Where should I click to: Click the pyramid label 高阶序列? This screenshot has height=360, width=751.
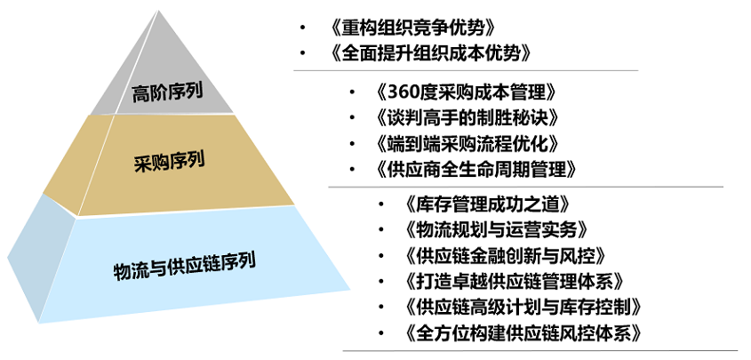pyautogui.click(x=167, y=92)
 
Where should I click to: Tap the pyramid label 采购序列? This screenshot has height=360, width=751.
pyautogui.click(x=170, y=161)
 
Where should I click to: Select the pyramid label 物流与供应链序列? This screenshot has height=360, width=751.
pyautogui.click(x=184, y=265)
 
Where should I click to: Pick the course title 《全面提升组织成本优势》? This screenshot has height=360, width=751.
pyautogui.click(x=430, y=54)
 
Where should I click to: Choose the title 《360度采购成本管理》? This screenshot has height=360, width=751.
pyautogui.click(x=467, y=92)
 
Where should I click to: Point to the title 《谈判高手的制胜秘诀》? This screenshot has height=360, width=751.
pyautogui.click(x=467, y=117)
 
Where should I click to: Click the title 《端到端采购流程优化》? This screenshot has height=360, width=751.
pyautogui.click(x=467, y=143)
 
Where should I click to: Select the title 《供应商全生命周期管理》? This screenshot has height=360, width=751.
pyautogui.click(x=476, y=169)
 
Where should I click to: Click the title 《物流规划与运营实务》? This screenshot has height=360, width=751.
pyautogui.click(x=496, y=230)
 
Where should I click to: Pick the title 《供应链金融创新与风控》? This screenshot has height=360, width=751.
pyautogui.click(x=506, y=256)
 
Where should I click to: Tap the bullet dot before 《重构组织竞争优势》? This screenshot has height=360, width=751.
pyautogui.click(x=302, y=28)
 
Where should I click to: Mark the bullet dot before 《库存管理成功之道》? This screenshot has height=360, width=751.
pyautogui.click(x=380, y=204)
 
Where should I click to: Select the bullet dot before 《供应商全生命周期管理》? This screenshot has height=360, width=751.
pyautogui.click(x=353, y=169)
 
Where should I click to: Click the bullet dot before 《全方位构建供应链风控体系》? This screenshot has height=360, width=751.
pyautogui.click(x=380, y=332)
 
